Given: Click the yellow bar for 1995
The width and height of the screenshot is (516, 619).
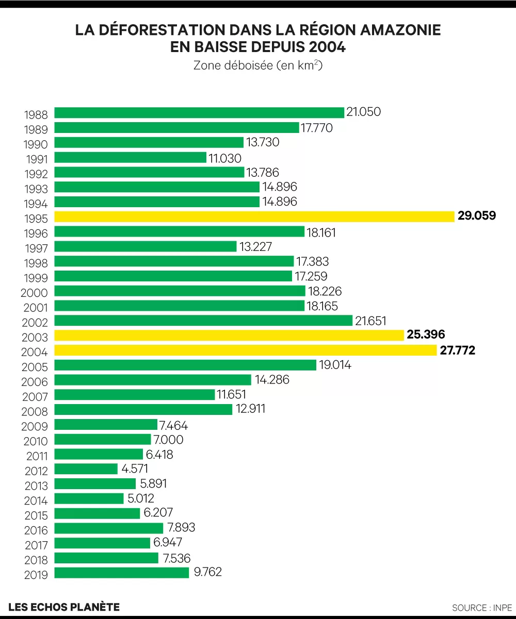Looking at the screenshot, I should coord(254,216).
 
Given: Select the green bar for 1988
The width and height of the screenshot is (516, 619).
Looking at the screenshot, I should coord(199,112).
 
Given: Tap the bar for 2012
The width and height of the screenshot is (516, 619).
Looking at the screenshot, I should coord(86,469).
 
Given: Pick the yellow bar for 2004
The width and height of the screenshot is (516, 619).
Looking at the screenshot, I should coord(246,350).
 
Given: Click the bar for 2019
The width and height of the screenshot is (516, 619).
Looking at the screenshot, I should coord(122,573).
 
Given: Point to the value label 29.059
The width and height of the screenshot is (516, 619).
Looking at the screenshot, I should coord(477,215).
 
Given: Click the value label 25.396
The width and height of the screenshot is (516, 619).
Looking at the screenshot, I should coord(426,335).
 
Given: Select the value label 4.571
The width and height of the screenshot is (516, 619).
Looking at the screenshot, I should coord(136,469).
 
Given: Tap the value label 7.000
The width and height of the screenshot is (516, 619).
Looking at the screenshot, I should coord(168,440).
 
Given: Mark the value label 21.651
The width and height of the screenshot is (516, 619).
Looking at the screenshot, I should coord(370,321).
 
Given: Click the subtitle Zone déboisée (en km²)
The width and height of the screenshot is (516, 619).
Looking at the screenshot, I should coord(258,66).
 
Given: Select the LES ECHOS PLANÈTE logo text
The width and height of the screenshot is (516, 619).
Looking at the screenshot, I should coord(64,607).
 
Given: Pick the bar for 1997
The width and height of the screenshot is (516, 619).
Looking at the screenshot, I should coord(146,246).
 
